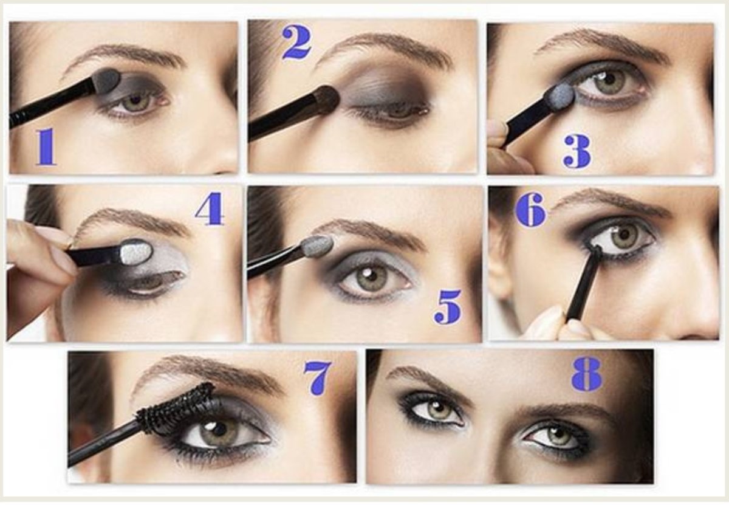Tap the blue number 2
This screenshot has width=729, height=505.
(x=296, y=43)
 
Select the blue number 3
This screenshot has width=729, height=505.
(x=577, y=152)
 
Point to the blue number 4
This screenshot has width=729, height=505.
(x=210, y=208)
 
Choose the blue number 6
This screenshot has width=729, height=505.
(x=530, y=209)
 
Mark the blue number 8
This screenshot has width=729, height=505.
(x=586, y=375)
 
